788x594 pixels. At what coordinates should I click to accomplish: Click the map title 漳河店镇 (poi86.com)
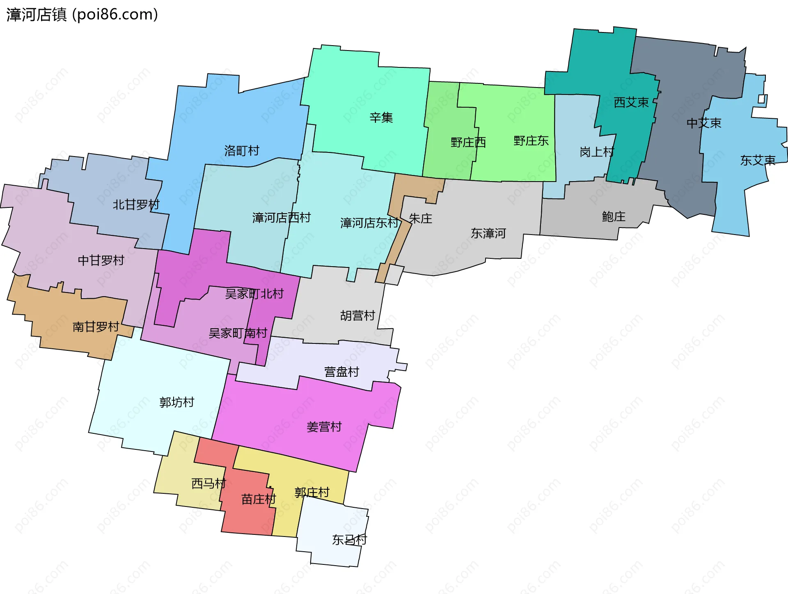coord(82,15)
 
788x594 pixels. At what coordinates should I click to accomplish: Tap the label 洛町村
coord(242,151)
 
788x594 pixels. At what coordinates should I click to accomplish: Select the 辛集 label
coord(381,118)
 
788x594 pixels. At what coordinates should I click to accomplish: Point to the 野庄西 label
coord(468,143)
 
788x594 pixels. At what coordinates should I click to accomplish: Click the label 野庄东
coord(531,141)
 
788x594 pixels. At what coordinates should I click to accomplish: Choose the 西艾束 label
coord(631,102)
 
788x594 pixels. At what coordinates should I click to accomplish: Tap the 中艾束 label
coord(704,123)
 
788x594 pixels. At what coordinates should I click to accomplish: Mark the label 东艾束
coord(758,160)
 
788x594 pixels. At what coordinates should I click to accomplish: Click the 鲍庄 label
coord(614,216)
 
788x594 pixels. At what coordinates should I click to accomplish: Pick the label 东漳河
coord(488,233)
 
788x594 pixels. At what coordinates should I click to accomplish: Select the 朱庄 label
coord(421,219)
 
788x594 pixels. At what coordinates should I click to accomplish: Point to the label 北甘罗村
coord(136,205)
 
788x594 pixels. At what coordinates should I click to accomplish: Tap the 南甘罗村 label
coord(96,327)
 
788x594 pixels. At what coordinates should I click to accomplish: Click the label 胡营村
coord(357,315)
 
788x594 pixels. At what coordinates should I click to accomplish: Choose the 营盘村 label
coord(341,372)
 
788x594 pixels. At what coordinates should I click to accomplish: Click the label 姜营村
coord(324,427)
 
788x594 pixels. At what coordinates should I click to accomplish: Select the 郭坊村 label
coord(176,402)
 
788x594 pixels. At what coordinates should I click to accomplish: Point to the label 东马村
coord(349,540)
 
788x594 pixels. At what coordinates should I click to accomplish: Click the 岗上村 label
coord(597,152)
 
